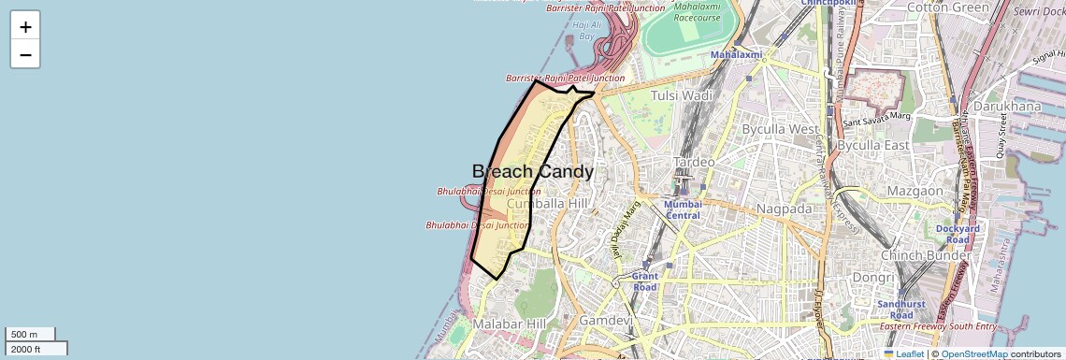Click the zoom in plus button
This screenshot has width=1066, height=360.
[x=25, y=27]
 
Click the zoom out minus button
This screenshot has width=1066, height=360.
[x=25, y=55]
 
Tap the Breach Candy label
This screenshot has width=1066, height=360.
[x=532, y=172]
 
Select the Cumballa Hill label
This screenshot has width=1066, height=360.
[x=547, y=204]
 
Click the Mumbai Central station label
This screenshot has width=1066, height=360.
[x=683, y=209]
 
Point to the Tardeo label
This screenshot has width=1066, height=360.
[x=695, y=162]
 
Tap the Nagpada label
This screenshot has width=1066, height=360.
[x=785, y=209]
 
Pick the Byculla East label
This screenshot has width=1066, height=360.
[x=873, y=145]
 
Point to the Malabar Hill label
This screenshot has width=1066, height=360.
[x=509, y=324]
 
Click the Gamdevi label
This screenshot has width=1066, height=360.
[x=606, y=321]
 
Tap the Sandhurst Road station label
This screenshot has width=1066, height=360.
[x=901, y=310]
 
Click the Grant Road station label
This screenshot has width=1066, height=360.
[x=645, y=281]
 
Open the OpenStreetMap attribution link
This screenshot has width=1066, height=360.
[x=973, y=354]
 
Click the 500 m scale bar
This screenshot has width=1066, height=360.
[x=31, y=334]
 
